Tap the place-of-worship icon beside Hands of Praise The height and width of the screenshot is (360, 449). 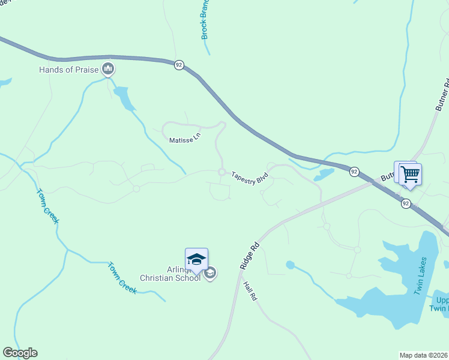coord(108,70)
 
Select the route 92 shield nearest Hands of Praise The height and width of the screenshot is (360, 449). coord(179,65)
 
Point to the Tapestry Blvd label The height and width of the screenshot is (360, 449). coord(249,178)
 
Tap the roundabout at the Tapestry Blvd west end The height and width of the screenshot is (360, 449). coord(221,173)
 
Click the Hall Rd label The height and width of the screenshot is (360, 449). coord(250,289)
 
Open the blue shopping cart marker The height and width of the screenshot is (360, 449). coord(411,175)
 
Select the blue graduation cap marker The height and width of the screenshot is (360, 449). coord(196,260)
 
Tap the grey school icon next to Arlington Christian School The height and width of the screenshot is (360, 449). coord(210,274)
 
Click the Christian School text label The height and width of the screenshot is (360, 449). coord(170,278)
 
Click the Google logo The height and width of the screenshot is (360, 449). coord(20,353)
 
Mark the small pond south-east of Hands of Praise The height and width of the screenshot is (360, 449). coord(124,98)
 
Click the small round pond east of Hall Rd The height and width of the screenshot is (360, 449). coord(291,265)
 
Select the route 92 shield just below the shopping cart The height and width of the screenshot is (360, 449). coord(406,203)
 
